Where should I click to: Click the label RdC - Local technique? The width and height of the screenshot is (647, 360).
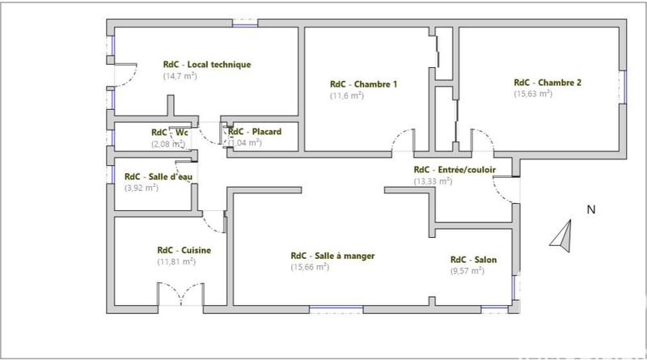pyautogui.click(x=206, y=65)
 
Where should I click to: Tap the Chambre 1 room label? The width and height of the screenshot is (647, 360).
pyautogui.click(x=363, y=84)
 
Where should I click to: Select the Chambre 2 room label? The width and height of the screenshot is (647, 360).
pyautogui.click(x=548, y=83)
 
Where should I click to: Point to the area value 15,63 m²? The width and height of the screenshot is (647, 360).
pyautogui.click(x=533, y=94)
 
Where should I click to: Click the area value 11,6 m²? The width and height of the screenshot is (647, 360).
pyautogui.click(x=347, y=95)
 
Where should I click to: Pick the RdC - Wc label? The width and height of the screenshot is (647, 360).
pyautogui.click(x=170, y=132)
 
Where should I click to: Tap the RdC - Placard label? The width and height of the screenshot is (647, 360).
pyautogui.click(x=255, y=132)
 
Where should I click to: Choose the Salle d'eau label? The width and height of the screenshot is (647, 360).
pyautogui.click(x=158, y=176)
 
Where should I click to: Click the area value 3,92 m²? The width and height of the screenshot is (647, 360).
pyautogui.click(x=142, y=188)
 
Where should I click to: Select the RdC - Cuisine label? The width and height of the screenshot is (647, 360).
pyautogui.click(x=184, y=251)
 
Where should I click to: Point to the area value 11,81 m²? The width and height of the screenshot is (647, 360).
pyautogui.click(x=176, y=262)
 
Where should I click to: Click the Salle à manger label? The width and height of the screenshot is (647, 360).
pyautogui.click(x=332, y=256)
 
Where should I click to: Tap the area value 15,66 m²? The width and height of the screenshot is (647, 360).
pyautogui.click(x=310, y=267)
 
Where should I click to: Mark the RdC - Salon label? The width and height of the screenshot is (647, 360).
pyautogui.click(x=473, y=260)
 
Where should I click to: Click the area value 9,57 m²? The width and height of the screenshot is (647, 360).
pyautogui.click(x=467, y=271)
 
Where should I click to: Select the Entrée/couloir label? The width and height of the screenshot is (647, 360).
pyautogui.click(x=455, y=170)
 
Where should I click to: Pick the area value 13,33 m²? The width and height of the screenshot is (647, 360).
pyautogui.click(x=433, y=181)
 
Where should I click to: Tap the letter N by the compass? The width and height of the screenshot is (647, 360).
pyautogui.click(x=591, y=210)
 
